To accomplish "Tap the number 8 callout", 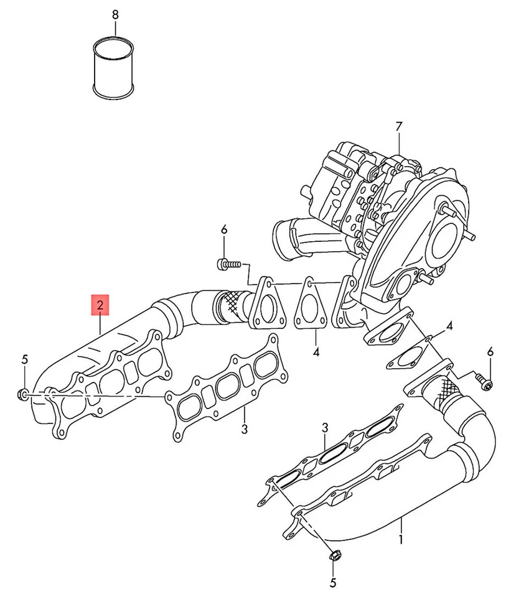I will tap(114, 13).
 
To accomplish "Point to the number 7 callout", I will tap(399, 127).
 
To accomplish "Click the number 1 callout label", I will tap(401, 540).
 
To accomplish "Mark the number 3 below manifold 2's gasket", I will tap(245, 428).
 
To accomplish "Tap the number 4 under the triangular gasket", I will tap(316, 351).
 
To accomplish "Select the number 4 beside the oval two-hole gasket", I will tap(449, 326).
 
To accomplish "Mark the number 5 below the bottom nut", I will tap(332, 583).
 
